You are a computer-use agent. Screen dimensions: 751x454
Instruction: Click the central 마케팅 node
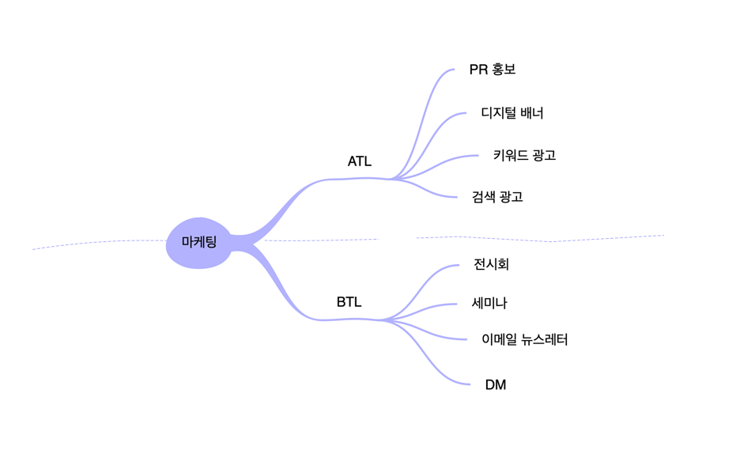198,242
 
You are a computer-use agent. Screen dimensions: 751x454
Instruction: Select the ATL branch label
359,161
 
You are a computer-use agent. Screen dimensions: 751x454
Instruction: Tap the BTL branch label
349,301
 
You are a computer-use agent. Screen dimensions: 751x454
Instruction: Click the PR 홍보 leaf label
492,70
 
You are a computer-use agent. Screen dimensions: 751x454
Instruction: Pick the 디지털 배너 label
512,112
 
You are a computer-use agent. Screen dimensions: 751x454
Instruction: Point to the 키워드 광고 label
524,155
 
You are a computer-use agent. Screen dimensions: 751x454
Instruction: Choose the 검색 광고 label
497,196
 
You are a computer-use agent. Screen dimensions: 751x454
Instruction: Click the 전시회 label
491,263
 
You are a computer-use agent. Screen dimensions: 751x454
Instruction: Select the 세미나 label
489,302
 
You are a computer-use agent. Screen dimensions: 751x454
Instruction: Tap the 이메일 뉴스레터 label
524,339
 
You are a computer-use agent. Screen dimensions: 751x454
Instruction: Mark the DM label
496,385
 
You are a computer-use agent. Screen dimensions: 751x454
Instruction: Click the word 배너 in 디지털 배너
531,112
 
